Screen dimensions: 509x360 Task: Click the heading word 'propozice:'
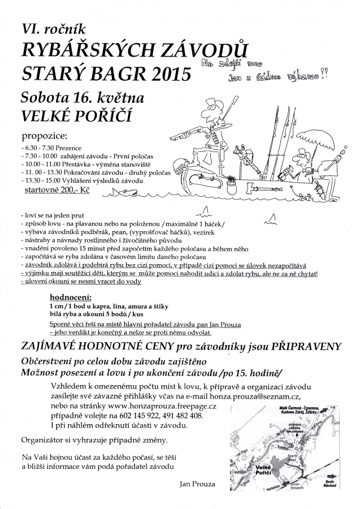[x=44, y=136]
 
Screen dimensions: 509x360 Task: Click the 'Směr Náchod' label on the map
[x=327, y=484]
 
